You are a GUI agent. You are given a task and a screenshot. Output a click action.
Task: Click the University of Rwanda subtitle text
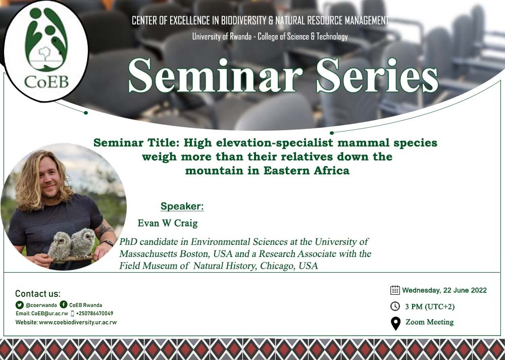pyautogui.click(x=270, y=36)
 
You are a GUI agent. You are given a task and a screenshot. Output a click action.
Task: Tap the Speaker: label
pyautogui.click(x=182, y=207)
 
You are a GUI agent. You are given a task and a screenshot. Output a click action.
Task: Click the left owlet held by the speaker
pyautogui.click(x=60, y=245)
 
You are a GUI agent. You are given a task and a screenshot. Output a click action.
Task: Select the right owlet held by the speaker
pyautogui.click(x=83, y=242)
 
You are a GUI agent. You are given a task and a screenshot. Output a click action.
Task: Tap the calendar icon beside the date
pyautogui.click(x=395, y=290)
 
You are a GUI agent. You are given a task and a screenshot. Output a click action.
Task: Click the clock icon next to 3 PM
pyautogui.click(x=395, y=306)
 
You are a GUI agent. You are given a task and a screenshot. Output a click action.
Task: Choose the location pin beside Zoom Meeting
pyautogui.click(x=396, y=323)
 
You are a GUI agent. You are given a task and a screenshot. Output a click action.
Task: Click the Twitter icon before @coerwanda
pyautogui.click(x=20, y=304)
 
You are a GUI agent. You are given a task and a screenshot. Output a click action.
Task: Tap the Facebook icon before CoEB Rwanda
pyautogui.click(x=64, y=304)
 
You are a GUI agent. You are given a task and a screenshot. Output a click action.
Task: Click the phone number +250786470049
pyautogui.click(x=94, y=314)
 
